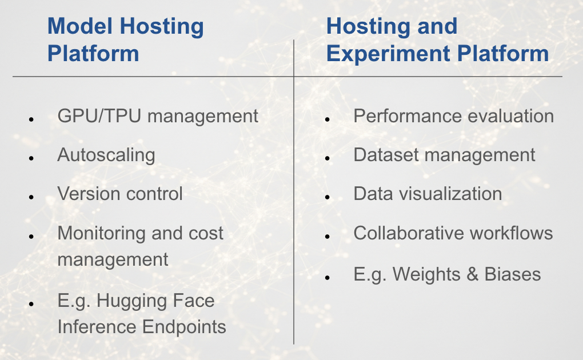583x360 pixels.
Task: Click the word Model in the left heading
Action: pos(80,26)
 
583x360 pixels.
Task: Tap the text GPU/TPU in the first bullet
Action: pos(99,115)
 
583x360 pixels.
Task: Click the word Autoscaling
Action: pos(106,155)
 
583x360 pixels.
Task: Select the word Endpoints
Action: pos(184,327)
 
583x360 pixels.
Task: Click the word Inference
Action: pos(97,327)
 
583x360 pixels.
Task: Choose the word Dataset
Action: pos(386,155)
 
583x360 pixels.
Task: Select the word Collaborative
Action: pos(409,233)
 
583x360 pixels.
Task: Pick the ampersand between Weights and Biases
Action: pos(472,274)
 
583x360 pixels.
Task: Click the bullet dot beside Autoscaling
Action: pos(31,158)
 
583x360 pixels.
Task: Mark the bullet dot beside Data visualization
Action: pos(328,197)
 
